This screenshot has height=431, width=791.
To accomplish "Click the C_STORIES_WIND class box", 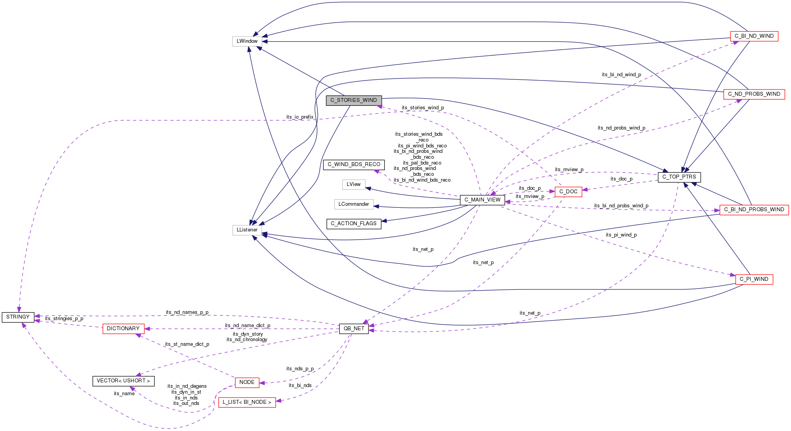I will [x=353, y=100].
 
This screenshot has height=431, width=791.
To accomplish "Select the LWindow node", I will [x=247, y=41].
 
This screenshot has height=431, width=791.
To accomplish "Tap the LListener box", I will [x=247, y=230].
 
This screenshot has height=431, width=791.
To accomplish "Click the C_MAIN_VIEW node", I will [x=482, y=200].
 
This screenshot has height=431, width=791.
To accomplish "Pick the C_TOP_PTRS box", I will [x=679, y=177].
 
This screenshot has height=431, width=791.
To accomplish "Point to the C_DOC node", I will [x=568, y=192].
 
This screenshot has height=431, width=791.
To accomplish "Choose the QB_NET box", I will [x=354, y=329].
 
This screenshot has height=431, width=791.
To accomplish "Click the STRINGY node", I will [x=18, y=317].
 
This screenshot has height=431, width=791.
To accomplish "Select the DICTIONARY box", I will [x=123, y=329].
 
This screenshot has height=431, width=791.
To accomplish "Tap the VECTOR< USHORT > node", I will [x=123, y=381].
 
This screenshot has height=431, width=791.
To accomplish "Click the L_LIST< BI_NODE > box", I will [x=247, y=402].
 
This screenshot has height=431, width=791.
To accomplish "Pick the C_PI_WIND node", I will [x=754, y=279].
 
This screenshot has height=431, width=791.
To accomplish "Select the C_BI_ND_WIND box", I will [x=754, y=36].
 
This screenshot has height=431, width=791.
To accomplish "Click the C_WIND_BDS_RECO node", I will [x=354, y=165].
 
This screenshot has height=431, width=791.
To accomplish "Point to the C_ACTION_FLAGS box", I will [x=353, y=224].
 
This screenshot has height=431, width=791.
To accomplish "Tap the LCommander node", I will [x=353, y=204].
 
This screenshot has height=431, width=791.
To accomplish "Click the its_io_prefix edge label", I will [x=300, y=117].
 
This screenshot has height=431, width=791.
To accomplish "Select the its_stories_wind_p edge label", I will [x=423, y=108].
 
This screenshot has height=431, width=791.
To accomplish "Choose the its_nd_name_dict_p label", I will [x=247, y=326].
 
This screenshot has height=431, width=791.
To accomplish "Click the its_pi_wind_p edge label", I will [x=621, y=235].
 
